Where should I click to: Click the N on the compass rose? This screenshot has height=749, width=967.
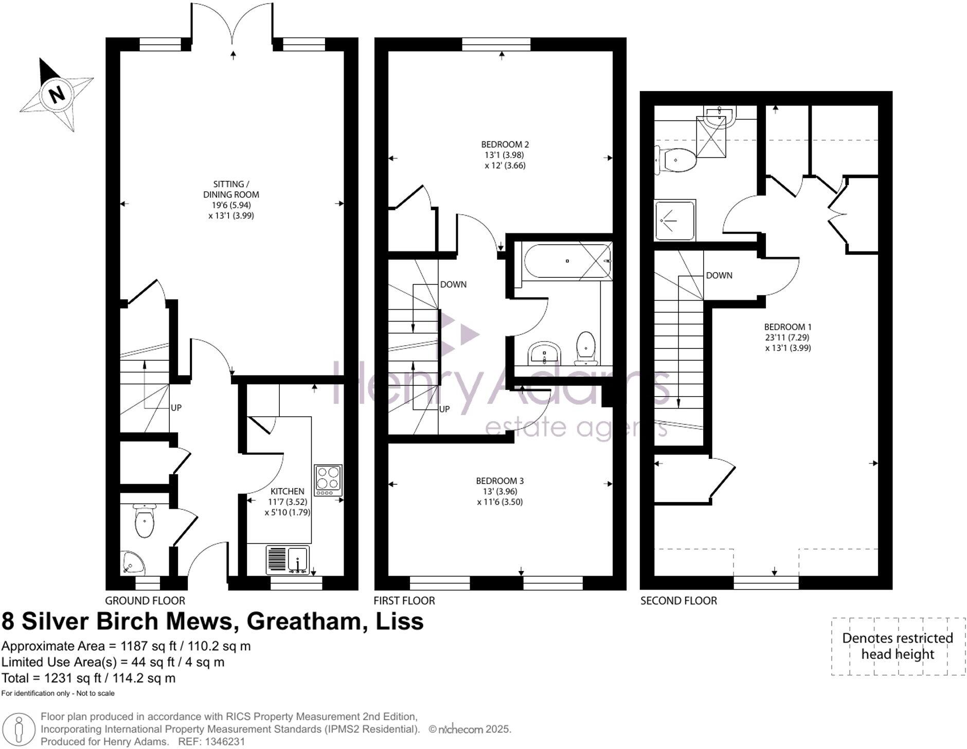click(x=57, y=94)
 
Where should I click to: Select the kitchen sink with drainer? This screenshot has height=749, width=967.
click(x=288, y=560)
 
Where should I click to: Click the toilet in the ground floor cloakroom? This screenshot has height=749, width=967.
click(x=145, y=521)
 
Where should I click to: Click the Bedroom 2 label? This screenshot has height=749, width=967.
click(x=505, y=145)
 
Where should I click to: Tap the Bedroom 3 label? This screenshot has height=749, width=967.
click(x=499, y=481)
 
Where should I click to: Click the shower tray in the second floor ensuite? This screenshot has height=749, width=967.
click(x=674, y=220)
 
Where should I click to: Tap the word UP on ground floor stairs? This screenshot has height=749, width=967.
click(x=176, y=408)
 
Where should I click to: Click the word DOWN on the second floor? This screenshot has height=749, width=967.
click(x=719, y=276)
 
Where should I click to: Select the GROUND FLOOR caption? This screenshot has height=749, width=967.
click(x=145, y=600)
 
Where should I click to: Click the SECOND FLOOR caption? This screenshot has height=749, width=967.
click(x=678, y=600)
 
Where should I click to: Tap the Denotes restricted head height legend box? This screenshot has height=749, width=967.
click(x=898, y=646)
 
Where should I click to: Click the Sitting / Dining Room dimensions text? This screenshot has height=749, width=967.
click(x=231, y=210)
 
